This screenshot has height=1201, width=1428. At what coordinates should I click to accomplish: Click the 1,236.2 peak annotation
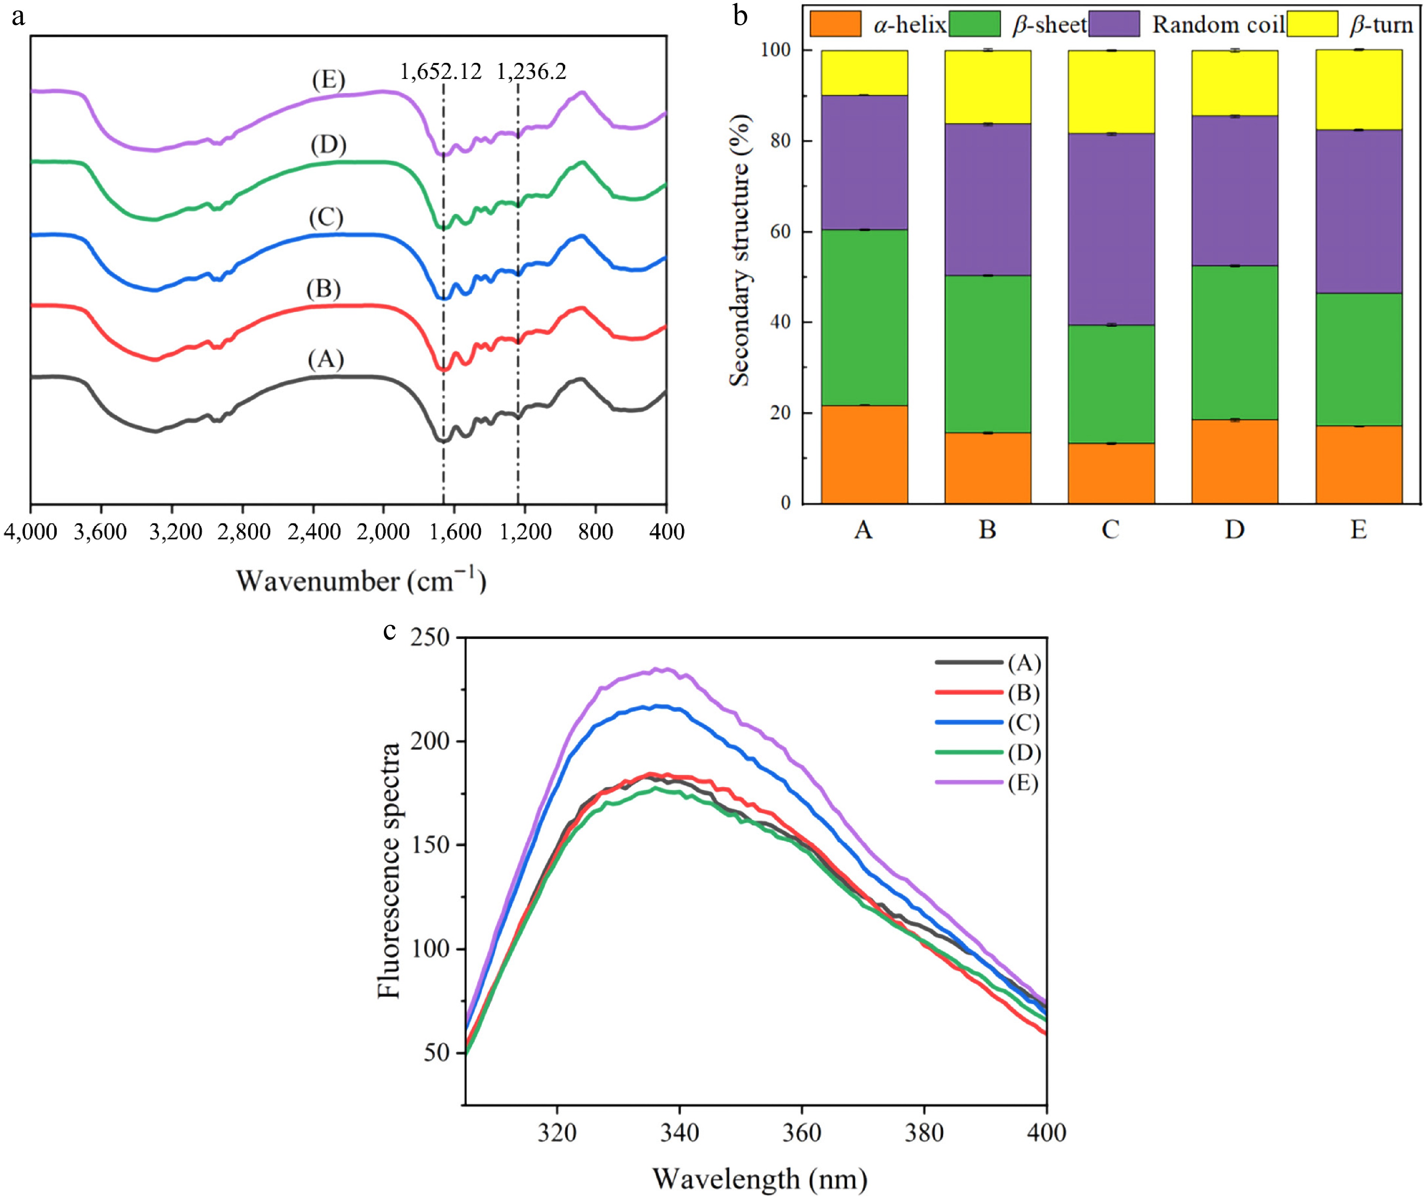point(531,71)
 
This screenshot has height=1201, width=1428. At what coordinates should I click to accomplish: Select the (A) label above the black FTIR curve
point(326,359)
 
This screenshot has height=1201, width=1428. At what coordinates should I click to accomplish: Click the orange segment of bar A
point(864,454)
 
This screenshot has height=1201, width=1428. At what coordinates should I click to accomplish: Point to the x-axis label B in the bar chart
point(988,529)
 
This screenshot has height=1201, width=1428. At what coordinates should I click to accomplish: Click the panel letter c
point(389,630)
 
